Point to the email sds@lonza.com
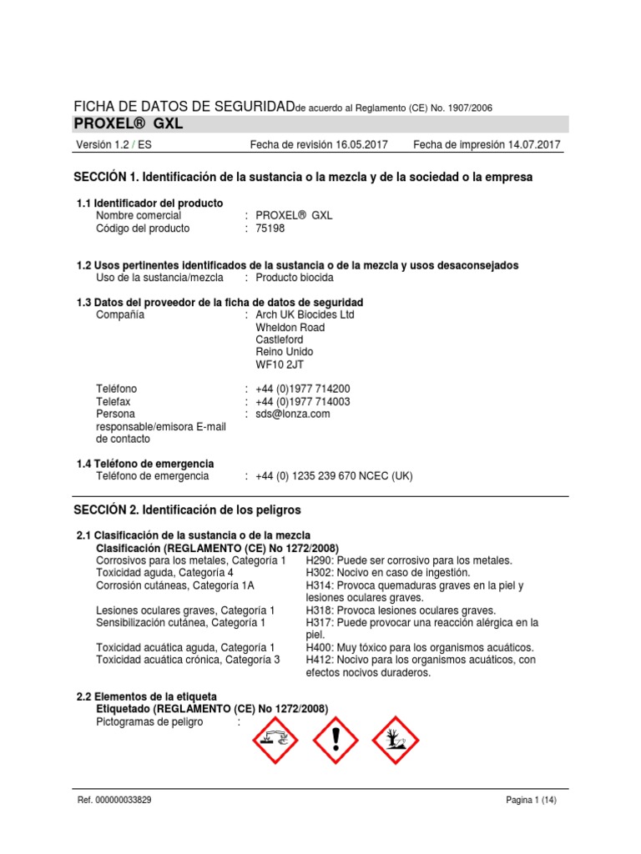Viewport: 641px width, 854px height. click(292, 414)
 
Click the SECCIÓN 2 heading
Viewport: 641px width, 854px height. click(187, 509)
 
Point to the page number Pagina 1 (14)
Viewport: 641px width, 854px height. click(531, 800)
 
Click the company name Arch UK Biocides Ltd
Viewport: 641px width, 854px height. click(305, 314)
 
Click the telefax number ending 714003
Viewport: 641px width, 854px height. click(302, 401)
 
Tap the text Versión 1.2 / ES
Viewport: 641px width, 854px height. click(114, 145)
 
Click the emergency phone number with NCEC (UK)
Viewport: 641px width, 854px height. click(334, 476)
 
